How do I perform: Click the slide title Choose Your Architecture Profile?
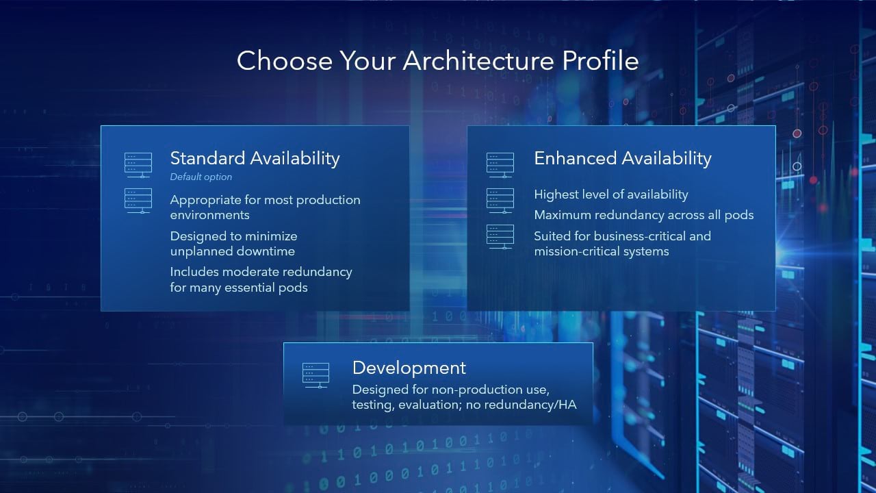click(x=437, y=60)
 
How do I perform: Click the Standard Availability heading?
click(x=255, y=158)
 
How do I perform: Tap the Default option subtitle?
click(x=201, y=177)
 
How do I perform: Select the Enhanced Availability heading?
click(x=622, y=158)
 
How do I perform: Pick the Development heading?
click(x=409, y=368)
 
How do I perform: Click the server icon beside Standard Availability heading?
click(x=138, y=165)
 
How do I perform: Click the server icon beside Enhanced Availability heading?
click(x=500, y=165)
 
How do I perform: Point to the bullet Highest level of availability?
click(x=610, y=194)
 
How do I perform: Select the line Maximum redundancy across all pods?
click(x=643, y=215)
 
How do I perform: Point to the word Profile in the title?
click(x=600, y=60)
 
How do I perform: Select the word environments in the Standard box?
click(x=209, y=215)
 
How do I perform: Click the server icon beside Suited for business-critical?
click(x=500, y=237)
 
